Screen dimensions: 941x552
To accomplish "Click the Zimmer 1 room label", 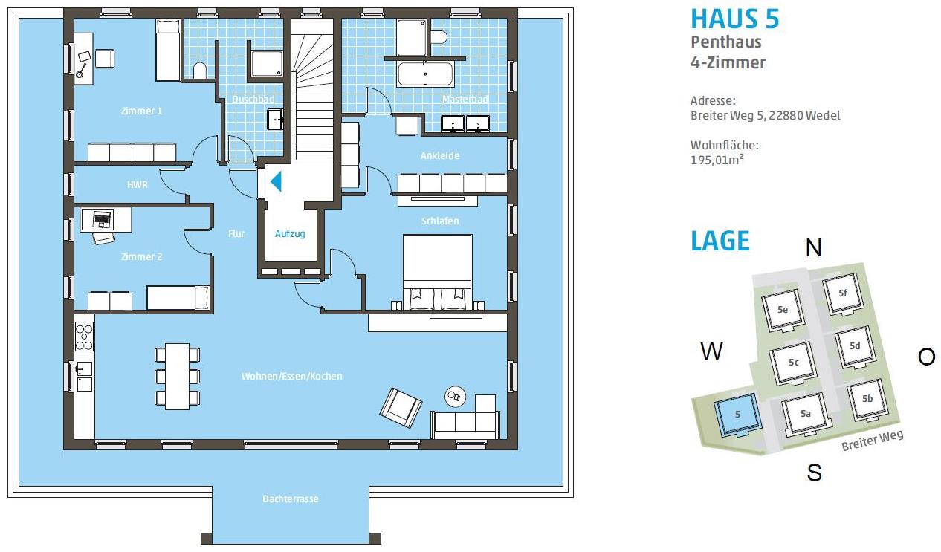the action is point(141,111).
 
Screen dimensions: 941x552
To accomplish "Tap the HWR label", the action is point(138,185).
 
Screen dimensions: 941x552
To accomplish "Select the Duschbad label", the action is point(253,100).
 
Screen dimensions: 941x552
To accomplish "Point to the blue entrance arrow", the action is point(276,181).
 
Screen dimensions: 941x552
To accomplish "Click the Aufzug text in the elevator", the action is point(290,234).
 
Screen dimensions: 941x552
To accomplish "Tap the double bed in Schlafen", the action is point(437,272).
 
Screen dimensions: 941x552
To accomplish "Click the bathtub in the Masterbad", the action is point(425,74).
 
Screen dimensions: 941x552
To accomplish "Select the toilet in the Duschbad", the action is point(200,71).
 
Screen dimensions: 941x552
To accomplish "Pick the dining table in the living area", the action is point(177,377).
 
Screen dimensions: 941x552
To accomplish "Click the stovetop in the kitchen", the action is point(84,337).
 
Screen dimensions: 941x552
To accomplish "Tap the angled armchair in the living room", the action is point(401,407).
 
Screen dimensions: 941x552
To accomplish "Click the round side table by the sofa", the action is point(456,396).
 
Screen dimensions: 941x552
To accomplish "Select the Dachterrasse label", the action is point(291,499).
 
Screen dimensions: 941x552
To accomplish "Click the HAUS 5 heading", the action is point(734,19).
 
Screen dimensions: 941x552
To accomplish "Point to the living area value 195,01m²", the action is point(717,160).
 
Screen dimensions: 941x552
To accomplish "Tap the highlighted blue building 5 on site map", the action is point(737,415).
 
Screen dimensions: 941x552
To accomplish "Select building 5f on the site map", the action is point(843,293).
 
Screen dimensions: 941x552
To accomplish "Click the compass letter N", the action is point(814,247).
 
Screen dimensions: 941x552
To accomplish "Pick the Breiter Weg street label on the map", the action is point(873,441).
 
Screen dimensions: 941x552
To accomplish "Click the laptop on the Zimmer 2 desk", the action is point(101,218).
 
